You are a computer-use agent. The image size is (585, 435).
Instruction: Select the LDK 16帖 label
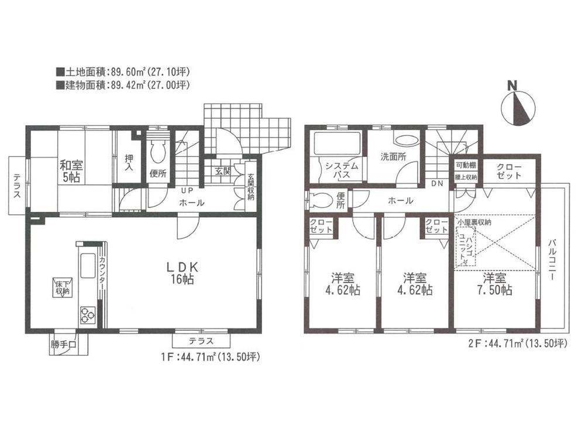184,273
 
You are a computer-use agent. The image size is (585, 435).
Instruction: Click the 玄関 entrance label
223,172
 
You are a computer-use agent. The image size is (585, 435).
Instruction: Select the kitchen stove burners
86,314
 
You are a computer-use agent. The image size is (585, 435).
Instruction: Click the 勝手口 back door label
63,344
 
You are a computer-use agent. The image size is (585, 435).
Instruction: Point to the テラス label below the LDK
200,341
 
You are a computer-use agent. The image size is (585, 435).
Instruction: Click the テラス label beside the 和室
18,187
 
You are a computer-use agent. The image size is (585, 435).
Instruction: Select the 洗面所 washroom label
393,157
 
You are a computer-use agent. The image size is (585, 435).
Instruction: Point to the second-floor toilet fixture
319,200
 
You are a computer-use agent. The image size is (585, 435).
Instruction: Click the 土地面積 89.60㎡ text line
123,73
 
